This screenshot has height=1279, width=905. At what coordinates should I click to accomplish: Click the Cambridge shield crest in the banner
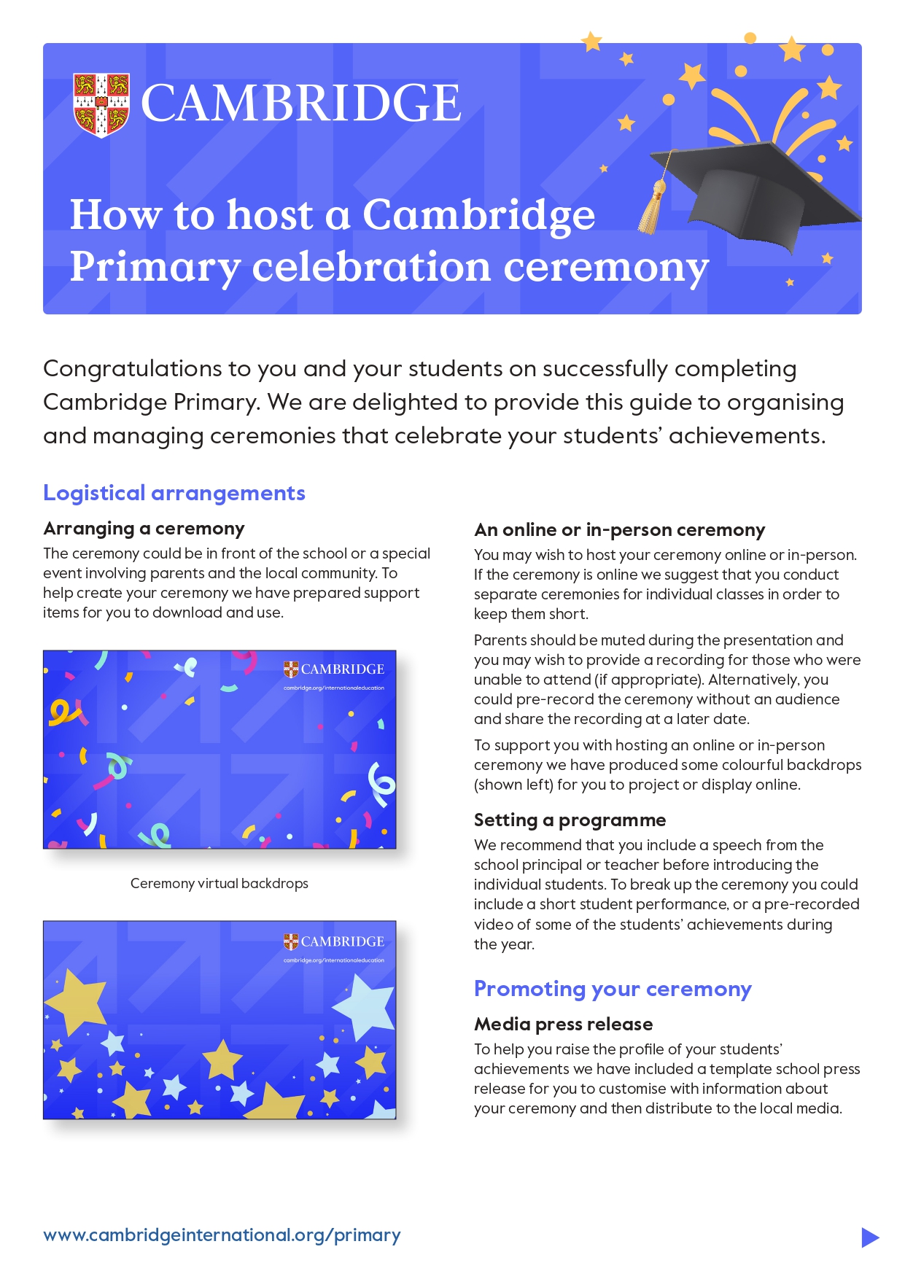coord(101,104)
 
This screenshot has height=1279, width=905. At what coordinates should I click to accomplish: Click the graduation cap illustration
coord(758,193)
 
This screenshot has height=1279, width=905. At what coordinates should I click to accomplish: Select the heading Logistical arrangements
coord(174,493)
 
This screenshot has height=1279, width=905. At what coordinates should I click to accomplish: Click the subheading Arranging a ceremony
coord(144,528)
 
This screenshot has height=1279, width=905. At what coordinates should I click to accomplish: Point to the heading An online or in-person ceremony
coord(619,529)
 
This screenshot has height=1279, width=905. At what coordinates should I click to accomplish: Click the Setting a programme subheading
coord(570,820)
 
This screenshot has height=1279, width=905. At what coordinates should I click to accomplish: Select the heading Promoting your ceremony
coord(612,989)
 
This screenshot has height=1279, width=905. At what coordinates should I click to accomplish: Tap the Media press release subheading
coord(563,1024)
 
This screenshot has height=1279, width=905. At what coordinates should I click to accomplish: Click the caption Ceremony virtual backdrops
coord(219,883)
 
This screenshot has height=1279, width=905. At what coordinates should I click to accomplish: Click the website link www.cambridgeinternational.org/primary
coord(222,1235)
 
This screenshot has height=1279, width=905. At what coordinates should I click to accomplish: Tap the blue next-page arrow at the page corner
coord(869,1237)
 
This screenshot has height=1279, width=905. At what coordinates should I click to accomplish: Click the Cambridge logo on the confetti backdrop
coord(334,669)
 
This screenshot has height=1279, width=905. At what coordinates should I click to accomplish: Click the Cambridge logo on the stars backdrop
coord(334,941)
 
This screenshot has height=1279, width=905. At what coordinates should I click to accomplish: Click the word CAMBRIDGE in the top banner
coord(300,103)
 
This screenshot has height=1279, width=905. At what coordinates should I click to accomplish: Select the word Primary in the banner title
coord(155,267)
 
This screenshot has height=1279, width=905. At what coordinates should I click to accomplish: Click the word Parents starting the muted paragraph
coord(503,640)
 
